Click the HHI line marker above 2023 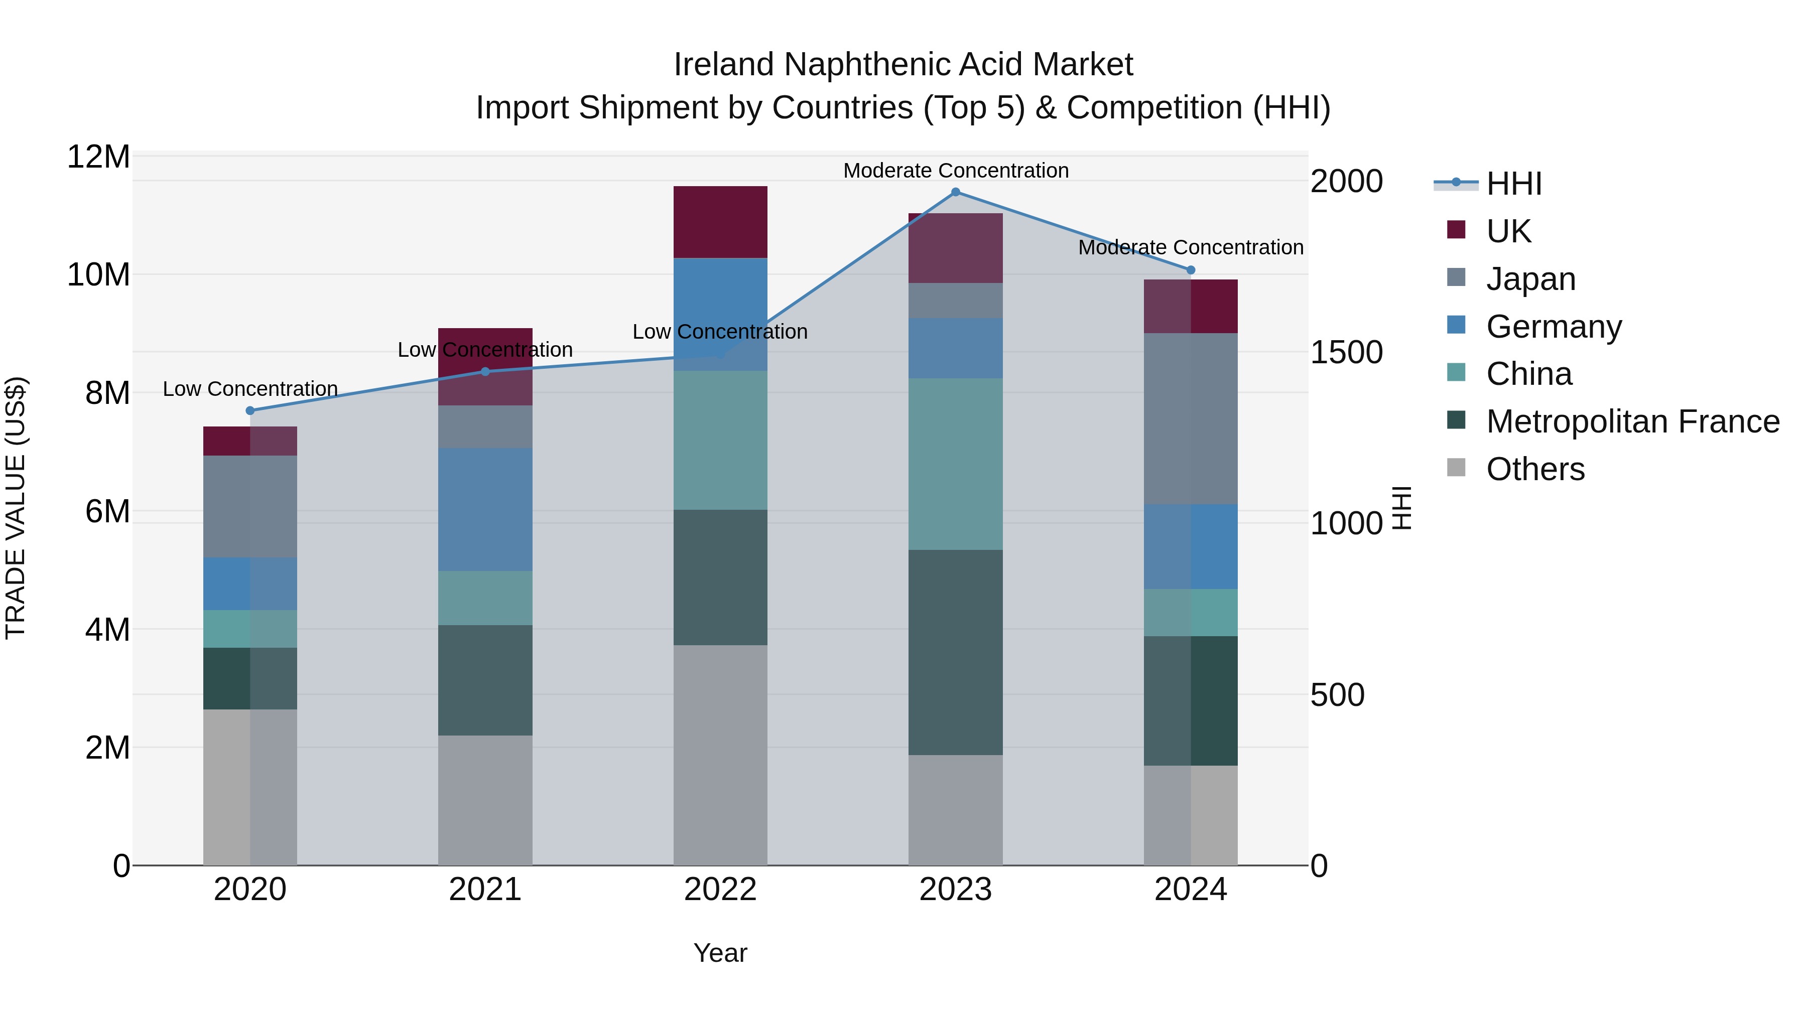pos(955,192)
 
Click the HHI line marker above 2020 pos(250,411)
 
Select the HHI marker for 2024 pos(1191,270)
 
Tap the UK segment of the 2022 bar pos(720,222)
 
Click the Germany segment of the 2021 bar pos(485,510)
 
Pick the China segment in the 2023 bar pos(955,464)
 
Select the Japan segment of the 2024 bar pos(1191,418)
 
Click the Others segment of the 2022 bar pos(720,755)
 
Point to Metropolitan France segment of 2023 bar pos(955,652)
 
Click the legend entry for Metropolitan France pos(1632,422)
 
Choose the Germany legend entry pos(1554,327)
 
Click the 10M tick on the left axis pos(98,275)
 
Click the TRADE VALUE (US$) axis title pos(16,508)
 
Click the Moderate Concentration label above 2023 pos(955,171)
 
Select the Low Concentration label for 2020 pos(250,389)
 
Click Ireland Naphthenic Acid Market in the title pos(903,65)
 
